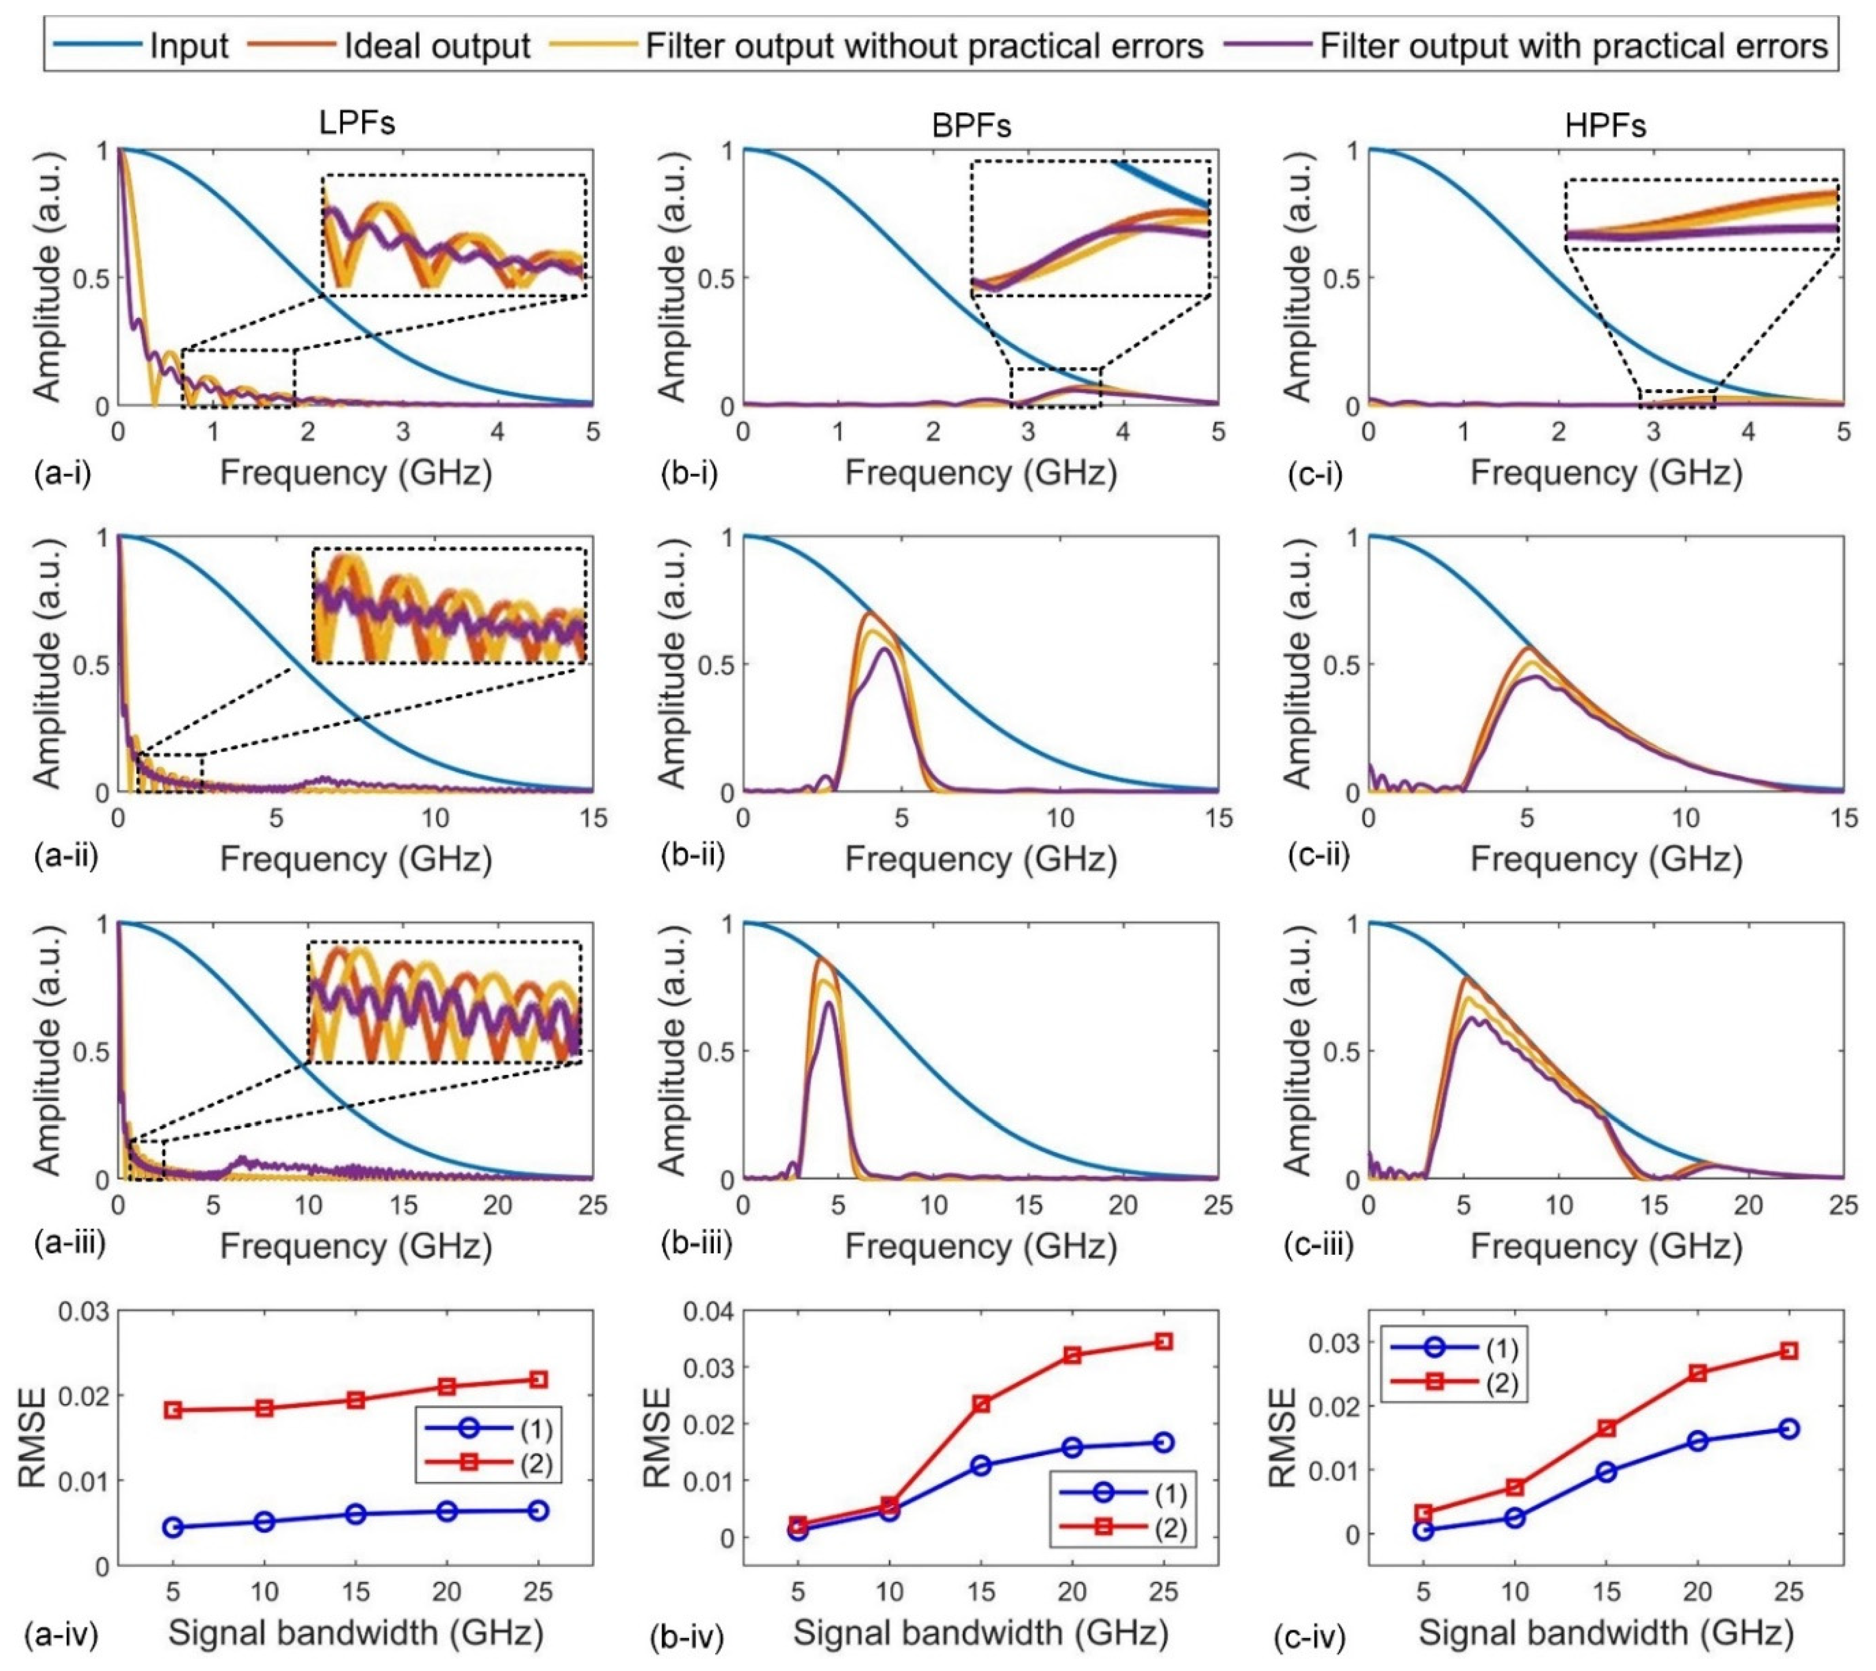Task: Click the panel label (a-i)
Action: click(63, 474)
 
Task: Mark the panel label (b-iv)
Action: click(687, 1635)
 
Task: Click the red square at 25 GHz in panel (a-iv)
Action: click(539, 1379)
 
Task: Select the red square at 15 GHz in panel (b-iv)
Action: click(981, 1404)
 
